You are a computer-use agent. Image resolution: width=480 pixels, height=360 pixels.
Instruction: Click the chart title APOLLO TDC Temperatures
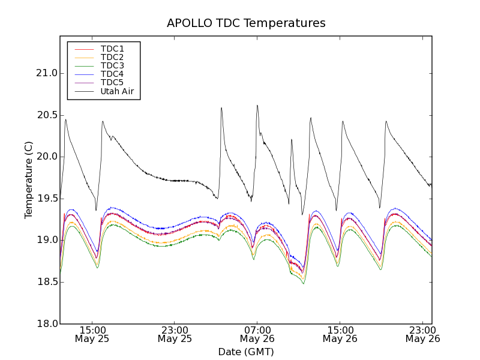pos(246,23)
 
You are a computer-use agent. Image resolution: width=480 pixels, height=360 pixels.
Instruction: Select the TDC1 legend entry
pos(112,49)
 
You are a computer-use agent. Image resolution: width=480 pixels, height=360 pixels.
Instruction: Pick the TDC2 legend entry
pos(112,57)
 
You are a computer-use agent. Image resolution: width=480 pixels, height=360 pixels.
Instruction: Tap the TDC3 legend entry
pos(112,65)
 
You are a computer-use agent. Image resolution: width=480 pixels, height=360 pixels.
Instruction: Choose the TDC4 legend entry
pos(112,74)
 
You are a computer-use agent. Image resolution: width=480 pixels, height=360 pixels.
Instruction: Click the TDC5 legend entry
pos(112,83)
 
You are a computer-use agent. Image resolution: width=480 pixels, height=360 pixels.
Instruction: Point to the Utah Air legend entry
pos(116,92)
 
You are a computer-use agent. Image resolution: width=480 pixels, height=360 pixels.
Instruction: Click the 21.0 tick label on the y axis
pos(46,73)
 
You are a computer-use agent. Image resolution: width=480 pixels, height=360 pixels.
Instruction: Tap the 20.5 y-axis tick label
pos(46,115)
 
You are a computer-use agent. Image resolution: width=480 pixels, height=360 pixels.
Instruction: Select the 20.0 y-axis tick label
pos(46,157)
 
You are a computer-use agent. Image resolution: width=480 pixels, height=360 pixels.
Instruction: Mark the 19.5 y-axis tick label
pos(46,199)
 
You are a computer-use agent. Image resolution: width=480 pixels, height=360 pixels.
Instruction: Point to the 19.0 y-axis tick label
pos(46,240)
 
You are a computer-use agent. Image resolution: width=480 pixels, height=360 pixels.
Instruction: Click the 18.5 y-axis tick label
pos(46,282)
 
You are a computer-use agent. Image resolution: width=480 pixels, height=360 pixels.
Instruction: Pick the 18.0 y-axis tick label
pos(46,323)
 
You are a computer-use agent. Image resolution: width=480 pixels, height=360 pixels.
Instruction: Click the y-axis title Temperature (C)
pos(29,180)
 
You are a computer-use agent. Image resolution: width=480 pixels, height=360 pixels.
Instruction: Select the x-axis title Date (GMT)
pos(246,352)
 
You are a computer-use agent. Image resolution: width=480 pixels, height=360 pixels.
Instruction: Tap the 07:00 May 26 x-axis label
pos(257,334)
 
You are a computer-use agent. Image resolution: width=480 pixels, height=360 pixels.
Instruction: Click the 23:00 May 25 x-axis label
pos(175,334)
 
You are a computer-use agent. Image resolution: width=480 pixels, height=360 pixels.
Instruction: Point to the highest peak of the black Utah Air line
pos(257,106)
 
